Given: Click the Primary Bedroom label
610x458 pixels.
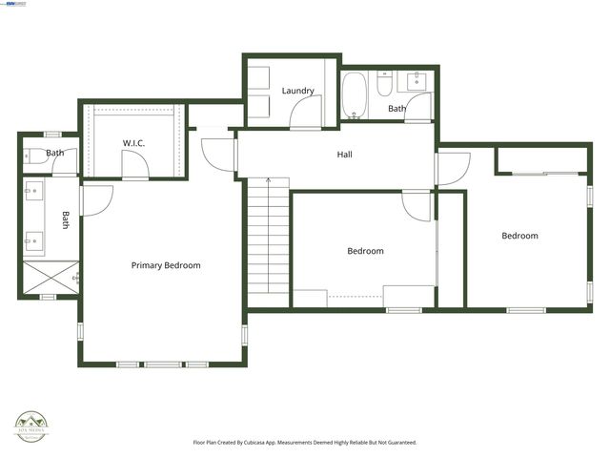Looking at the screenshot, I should pos(166,265).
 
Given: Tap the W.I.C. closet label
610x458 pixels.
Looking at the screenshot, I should pos(132,143).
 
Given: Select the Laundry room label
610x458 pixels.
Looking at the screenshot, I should pos(297,91).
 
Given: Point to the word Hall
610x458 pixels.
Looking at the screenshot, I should pos(344,154).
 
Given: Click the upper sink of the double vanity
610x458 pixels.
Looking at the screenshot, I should pos(33,192).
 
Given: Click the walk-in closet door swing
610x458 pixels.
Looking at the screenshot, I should pos(136,168).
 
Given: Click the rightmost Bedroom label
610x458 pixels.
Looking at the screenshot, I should pos(519,236).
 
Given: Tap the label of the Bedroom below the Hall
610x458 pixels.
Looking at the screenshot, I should pos(365,251).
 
